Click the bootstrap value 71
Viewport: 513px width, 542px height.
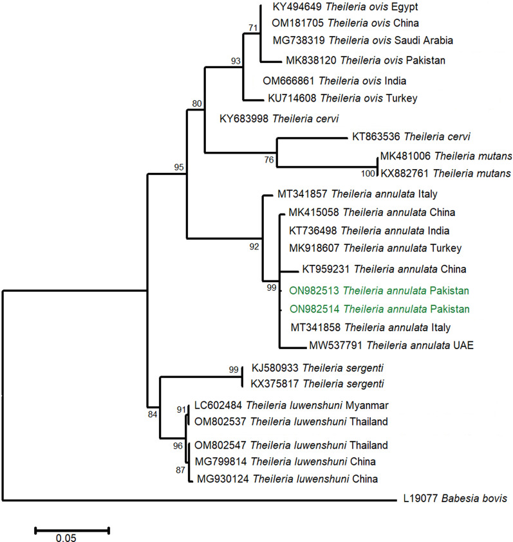pyautogui.click(x=252, y=28)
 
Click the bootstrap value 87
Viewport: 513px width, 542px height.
pyautogui.click(x=180, y=470)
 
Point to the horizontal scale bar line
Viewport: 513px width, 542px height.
pyautogui.click(x=71, y=530)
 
